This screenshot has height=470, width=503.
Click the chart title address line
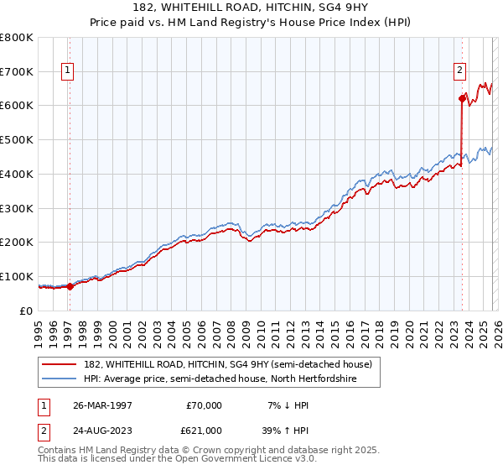pos(251,8)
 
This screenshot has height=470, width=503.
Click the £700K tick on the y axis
pos(17,71)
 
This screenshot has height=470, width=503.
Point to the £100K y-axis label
pos(17,276)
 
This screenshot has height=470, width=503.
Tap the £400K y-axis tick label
pos(17,174)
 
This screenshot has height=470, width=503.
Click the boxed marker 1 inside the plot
pos(67,71)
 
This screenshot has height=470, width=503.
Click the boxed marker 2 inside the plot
pos(460,71)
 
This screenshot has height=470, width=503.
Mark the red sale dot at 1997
pos(70,286)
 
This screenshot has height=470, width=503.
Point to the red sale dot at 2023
pos(462,99)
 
